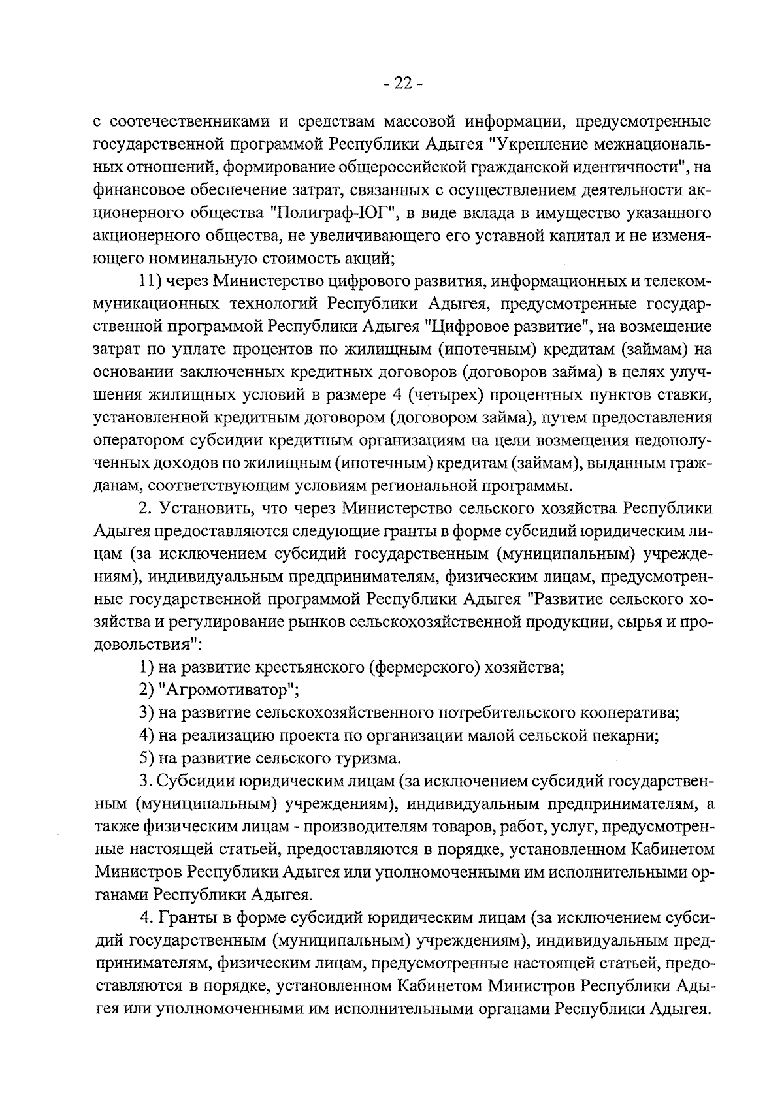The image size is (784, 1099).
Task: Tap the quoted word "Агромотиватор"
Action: tap(228, 690)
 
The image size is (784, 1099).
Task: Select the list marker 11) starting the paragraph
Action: tap(150, 281)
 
